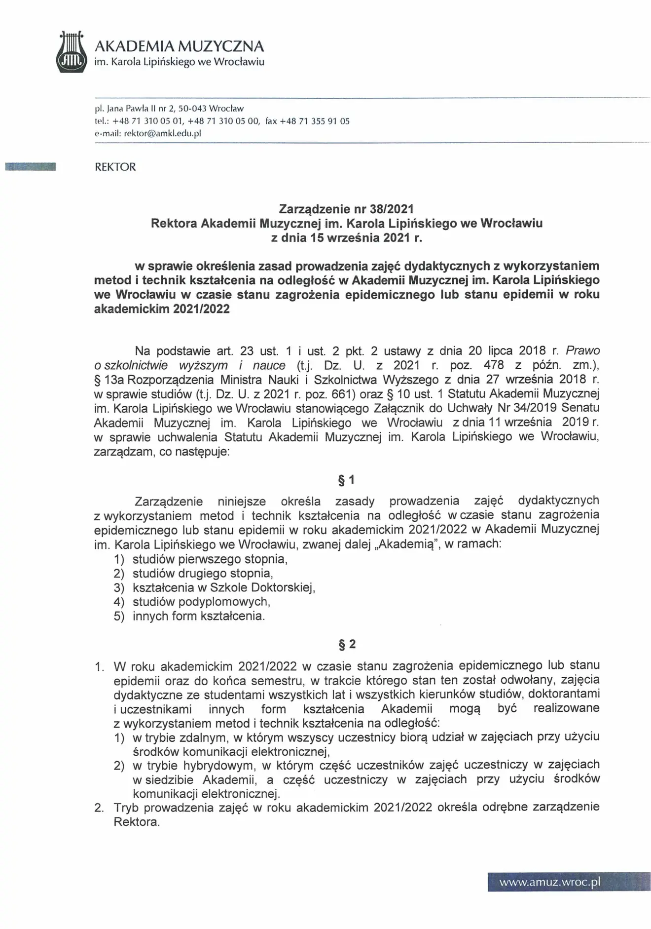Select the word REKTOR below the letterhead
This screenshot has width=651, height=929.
coord(115,167)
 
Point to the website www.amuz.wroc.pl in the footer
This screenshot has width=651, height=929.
coord(550,882)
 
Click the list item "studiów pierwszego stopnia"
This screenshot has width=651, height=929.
coord(210,559)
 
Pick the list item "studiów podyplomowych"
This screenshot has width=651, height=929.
coord(201,602)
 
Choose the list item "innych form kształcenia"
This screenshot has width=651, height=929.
coord(198,616)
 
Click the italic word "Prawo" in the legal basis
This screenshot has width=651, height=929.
coord(583,351)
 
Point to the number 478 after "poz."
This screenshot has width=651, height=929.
coord(494,365)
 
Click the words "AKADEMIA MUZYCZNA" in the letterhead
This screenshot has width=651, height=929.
coord(179,46)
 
